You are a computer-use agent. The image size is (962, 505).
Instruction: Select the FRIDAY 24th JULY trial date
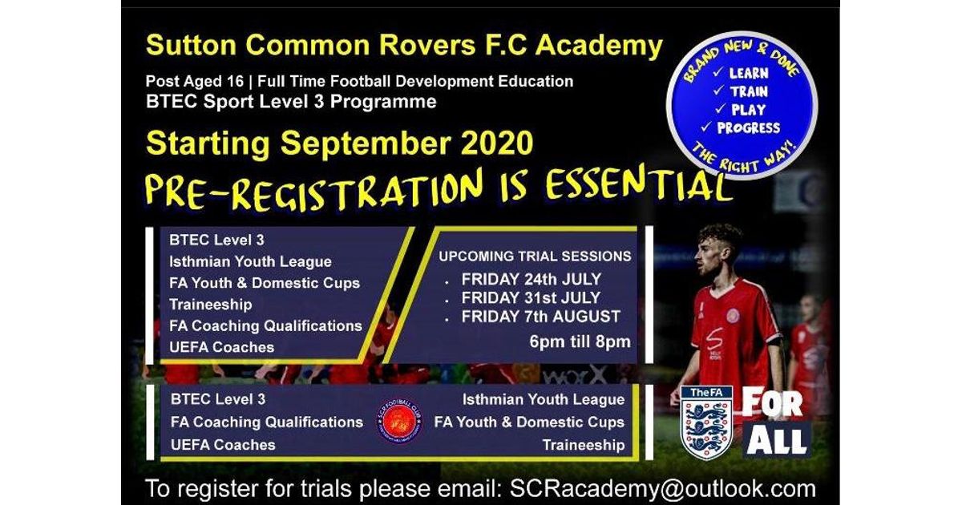pyautogui.click(x=531, y=280)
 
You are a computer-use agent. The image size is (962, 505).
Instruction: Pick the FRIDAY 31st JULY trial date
pyautogui.click(x=531, y=298)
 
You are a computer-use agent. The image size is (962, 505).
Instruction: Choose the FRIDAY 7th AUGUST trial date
pyautogui.click(x=540, y=317)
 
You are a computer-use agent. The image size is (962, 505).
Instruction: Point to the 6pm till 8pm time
pyautogui.click(x=580, y=341)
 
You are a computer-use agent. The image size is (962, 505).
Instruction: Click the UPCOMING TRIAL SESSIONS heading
pyautogui.click(x=535, y=257)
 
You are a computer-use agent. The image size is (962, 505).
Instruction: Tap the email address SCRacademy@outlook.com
pyautogui.click(x=657, y=488)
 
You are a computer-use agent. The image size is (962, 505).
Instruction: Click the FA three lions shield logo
pyautogui.click(x=705, y=422)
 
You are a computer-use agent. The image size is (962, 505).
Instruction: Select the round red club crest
pyautogui.click(x=398, y=422)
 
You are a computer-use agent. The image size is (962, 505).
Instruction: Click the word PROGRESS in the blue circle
pyautogui.click(x=748, y=127)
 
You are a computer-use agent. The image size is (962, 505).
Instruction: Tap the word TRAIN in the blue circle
pyautogui.click(x=747, y=91)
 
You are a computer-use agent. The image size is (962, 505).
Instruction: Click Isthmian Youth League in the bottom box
pyautogui.click(x=543, y=399)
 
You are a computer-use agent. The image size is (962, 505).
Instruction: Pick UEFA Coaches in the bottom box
pyautogui.click(x=223, y=444)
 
